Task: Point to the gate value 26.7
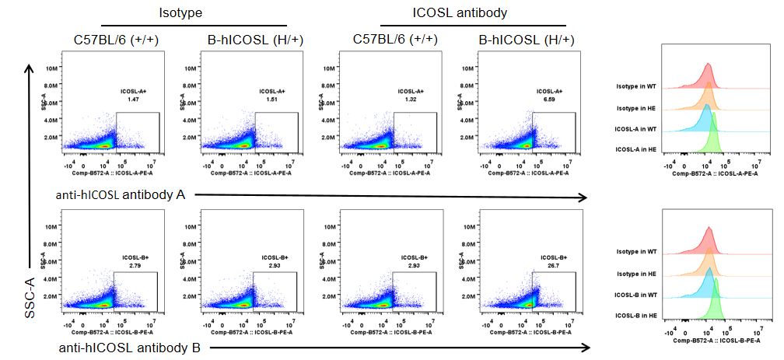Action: [x=551, y=265]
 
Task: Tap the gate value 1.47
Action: [x=134, y=100]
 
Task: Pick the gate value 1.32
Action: [x=411, y=100]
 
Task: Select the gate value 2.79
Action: [x=135, y=265]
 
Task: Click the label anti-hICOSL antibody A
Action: [x=120, y=194]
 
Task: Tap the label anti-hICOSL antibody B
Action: [x=130, y=348]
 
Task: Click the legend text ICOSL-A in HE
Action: [x=635, y=149]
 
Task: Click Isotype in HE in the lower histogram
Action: [x=636, y=274]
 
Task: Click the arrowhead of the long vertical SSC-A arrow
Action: [x=29, y=68]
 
